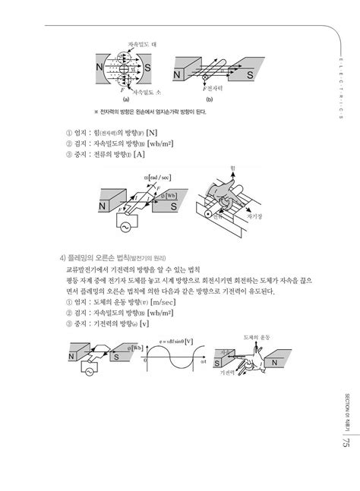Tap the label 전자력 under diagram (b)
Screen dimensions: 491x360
[218, 89]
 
